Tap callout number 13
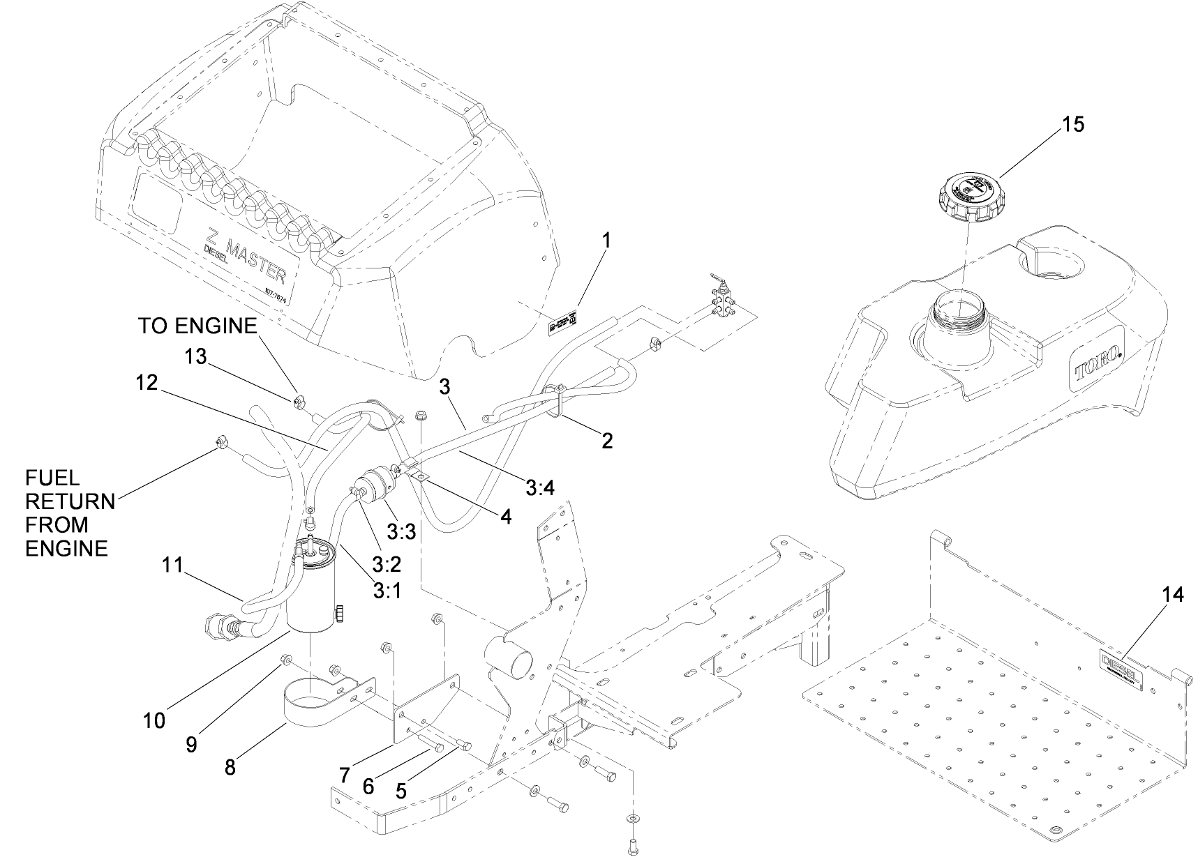point(196,356)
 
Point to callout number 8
point(230,767)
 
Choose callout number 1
point(606,241)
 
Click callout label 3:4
point(540,488)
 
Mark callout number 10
point(154,720)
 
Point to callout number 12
point(148,382)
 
